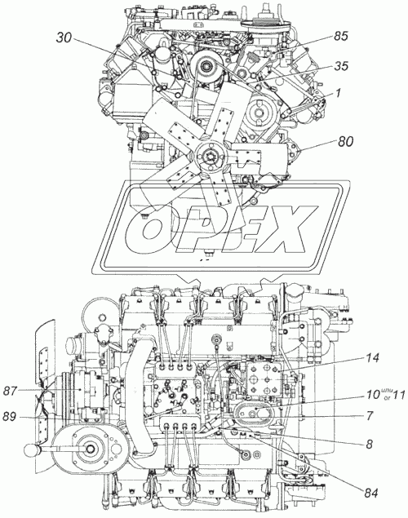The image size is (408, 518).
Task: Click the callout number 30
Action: (x=64, y=38)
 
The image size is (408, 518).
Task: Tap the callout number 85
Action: (x=340, y=36)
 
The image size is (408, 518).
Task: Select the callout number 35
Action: (x=340, y=66)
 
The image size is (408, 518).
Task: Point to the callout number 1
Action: (x=338, y=93)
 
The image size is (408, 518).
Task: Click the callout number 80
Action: (x=345, y=141)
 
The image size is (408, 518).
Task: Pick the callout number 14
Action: (x=372, y=357)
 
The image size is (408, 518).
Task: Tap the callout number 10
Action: (x=373, y=394)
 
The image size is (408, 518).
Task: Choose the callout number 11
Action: (x=397, y=394)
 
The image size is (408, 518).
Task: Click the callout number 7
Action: (x=370, y=416)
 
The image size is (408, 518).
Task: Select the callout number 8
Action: (x=370, y=445)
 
